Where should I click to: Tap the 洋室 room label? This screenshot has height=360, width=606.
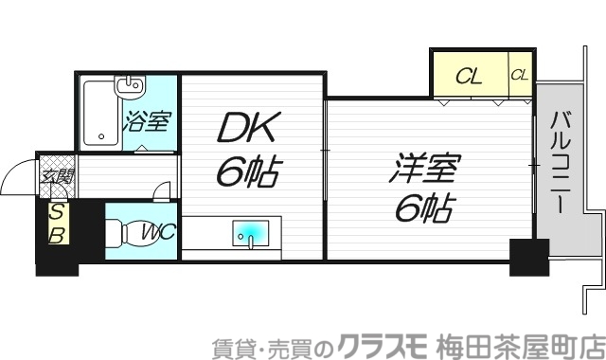coord(423,171)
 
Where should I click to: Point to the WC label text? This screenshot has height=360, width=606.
coord(155,231)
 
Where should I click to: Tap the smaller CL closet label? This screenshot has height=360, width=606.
coord(520,74)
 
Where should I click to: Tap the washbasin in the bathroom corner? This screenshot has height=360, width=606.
coord(129,88)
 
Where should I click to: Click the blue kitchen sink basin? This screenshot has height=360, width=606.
coord(250,232)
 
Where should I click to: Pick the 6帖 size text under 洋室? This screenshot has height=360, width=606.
coord(423,207)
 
